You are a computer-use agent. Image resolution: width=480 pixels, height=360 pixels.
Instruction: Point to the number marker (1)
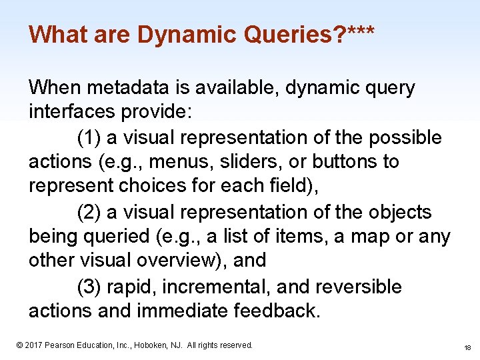click(x=89, y=137)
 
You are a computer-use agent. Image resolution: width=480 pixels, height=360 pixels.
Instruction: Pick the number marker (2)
click(x=89, y=212)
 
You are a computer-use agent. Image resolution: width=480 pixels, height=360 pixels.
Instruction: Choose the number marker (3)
click(x=89, y=287)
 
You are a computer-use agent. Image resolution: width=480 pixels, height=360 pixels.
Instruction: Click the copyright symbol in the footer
click(x=19, y=345)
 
